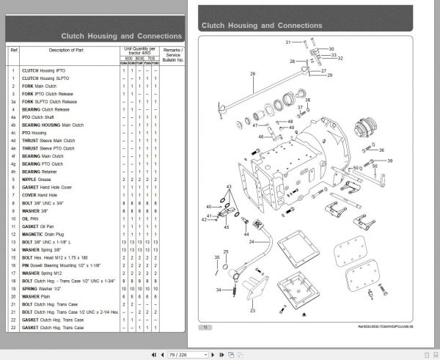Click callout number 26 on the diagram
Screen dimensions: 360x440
(252, 73)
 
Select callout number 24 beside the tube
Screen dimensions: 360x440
(250, 242)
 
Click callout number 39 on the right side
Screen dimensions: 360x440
(389, 159)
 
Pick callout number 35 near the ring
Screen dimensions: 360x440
(216, 257)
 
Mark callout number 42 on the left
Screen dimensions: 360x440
(205, 219)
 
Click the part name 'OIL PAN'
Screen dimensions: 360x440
(29, 218)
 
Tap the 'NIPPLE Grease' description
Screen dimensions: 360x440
(34, 178)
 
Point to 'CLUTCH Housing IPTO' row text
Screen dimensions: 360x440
(43, 70)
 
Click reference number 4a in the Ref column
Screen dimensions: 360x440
(13, 117)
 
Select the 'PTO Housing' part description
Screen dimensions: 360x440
(36, 132)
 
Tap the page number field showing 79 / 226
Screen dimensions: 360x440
(179, 355)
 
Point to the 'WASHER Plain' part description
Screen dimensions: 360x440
(37, 295)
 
